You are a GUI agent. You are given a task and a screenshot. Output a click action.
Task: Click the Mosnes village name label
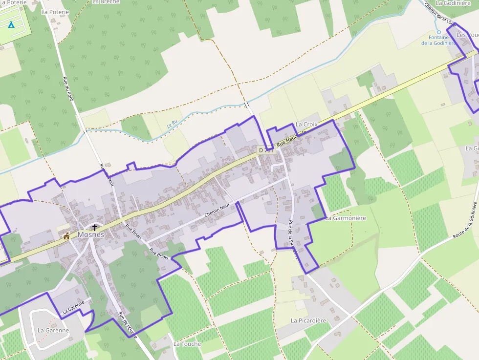pos(90,234)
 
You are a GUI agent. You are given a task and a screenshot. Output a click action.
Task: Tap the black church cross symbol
pos(95,227)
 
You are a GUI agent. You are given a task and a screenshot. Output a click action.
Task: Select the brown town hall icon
pos(66,236)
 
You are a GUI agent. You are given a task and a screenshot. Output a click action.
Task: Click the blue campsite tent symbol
pos(11,24)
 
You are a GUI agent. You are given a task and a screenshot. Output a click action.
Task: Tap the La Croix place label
pos(306,125)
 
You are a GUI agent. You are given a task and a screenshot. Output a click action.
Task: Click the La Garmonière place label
pos(346,218)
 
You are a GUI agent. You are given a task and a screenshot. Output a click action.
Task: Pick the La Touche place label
pos(187,344)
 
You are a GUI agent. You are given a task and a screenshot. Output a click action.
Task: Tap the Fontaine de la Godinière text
pos(438,40)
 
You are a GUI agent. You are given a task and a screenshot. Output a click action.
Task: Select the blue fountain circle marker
pos(438,32)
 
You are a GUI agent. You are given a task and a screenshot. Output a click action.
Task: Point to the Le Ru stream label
pos(172,125)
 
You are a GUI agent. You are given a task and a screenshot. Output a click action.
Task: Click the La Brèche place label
pos(106,2)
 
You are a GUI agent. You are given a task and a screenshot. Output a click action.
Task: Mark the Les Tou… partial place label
pos(467,35)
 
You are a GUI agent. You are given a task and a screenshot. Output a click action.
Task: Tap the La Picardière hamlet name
pos(308,320)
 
